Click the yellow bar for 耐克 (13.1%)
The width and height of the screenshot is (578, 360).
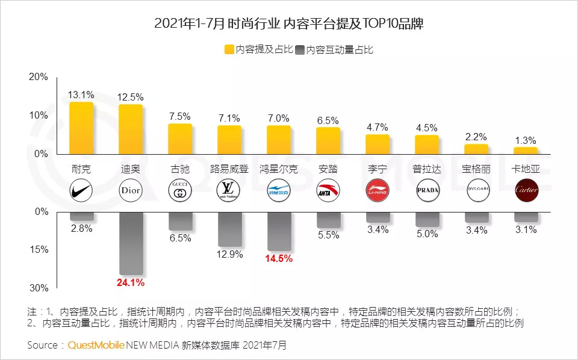(81, 128)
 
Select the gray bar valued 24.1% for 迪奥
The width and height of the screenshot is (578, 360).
(131, 243)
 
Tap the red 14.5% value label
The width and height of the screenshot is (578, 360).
(279, 259)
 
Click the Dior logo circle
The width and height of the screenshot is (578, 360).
(131, 191)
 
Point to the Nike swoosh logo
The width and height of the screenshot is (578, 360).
(81, 191)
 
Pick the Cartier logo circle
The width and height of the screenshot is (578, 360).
(526, 191)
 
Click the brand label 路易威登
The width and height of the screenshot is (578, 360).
(229, 169)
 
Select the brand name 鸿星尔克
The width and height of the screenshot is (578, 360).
(279, 169)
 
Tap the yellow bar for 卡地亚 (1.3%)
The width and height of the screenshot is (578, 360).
(526, 151)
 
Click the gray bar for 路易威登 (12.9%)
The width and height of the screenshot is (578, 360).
(229, 229)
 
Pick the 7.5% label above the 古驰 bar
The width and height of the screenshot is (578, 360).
(180, 116)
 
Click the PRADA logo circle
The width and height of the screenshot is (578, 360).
(427, 191)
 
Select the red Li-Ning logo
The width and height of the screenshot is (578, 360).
(378, 191)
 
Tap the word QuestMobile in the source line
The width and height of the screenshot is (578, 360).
(96, 346)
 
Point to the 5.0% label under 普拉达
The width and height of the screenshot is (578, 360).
(427, 234)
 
